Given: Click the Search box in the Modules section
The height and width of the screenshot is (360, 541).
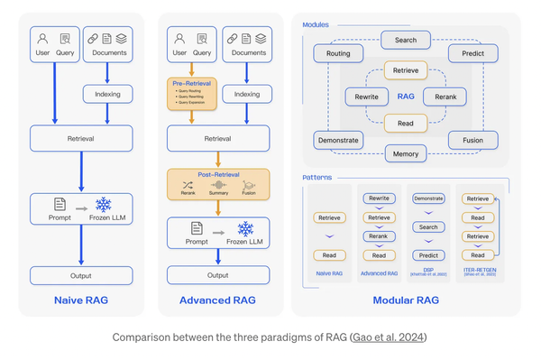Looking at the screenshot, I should point(405,41).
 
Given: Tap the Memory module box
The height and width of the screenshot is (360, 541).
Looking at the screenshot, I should point(405,153).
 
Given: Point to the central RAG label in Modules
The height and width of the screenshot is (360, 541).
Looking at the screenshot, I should point(406,96).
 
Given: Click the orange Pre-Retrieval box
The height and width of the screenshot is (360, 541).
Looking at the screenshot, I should point(190,92).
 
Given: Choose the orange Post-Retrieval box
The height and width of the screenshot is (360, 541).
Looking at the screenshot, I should point(218,183).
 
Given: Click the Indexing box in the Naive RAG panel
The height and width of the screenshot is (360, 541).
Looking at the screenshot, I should point(107,93).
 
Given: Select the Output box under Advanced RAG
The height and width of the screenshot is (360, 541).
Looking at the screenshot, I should point(217,275).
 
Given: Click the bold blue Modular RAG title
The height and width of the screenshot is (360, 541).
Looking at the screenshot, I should point(405,300).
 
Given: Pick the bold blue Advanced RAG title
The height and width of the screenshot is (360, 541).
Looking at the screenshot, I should point(217,300).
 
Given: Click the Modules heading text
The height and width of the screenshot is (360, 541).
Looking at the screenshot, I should point(316,24).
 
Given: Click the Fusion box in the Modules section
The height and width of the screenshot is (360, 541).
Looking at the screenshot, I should point(472,140).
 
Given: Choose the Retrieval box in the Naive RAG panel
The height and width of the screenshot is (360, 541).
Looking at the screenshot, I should point(82,138).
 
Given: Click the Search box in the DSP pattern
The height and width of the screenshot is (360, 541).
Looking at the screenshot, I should point(429,227).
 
